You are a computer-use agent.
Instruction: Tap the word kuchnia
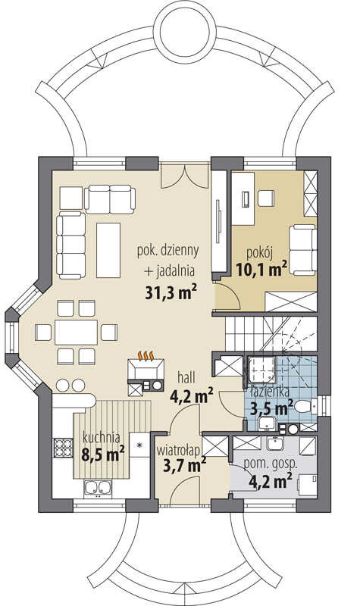[x=102, y=438]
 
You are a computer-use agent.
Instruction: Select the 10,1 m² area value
[x=261, y=269]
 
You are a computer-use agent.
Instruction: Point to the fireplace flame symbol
[x=147, y=355]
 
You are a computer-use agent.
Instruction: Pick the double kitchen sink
[x=98, y=488]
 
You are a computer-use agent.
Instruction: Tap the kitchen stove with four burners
[x=63, y=448]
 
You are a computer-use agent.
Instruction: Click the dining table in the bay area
[x=76, y=332]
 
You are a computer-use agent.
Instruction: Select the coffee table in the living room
[x=108, y=250]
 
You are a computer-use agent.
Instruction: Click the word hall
[x=186, y=376]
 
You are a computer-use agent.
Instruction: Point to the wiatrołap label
[x=178, y=450]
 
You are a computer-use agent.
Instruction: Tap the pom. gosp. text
[x=271, y=464]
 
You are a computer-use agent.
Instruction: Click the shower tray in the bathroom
[x=261, y=370]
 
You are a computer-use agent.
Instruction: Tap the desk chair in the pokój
[x=266, y=198]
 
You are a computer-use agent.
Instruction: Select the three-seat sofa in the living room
[x=71, y=245]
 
